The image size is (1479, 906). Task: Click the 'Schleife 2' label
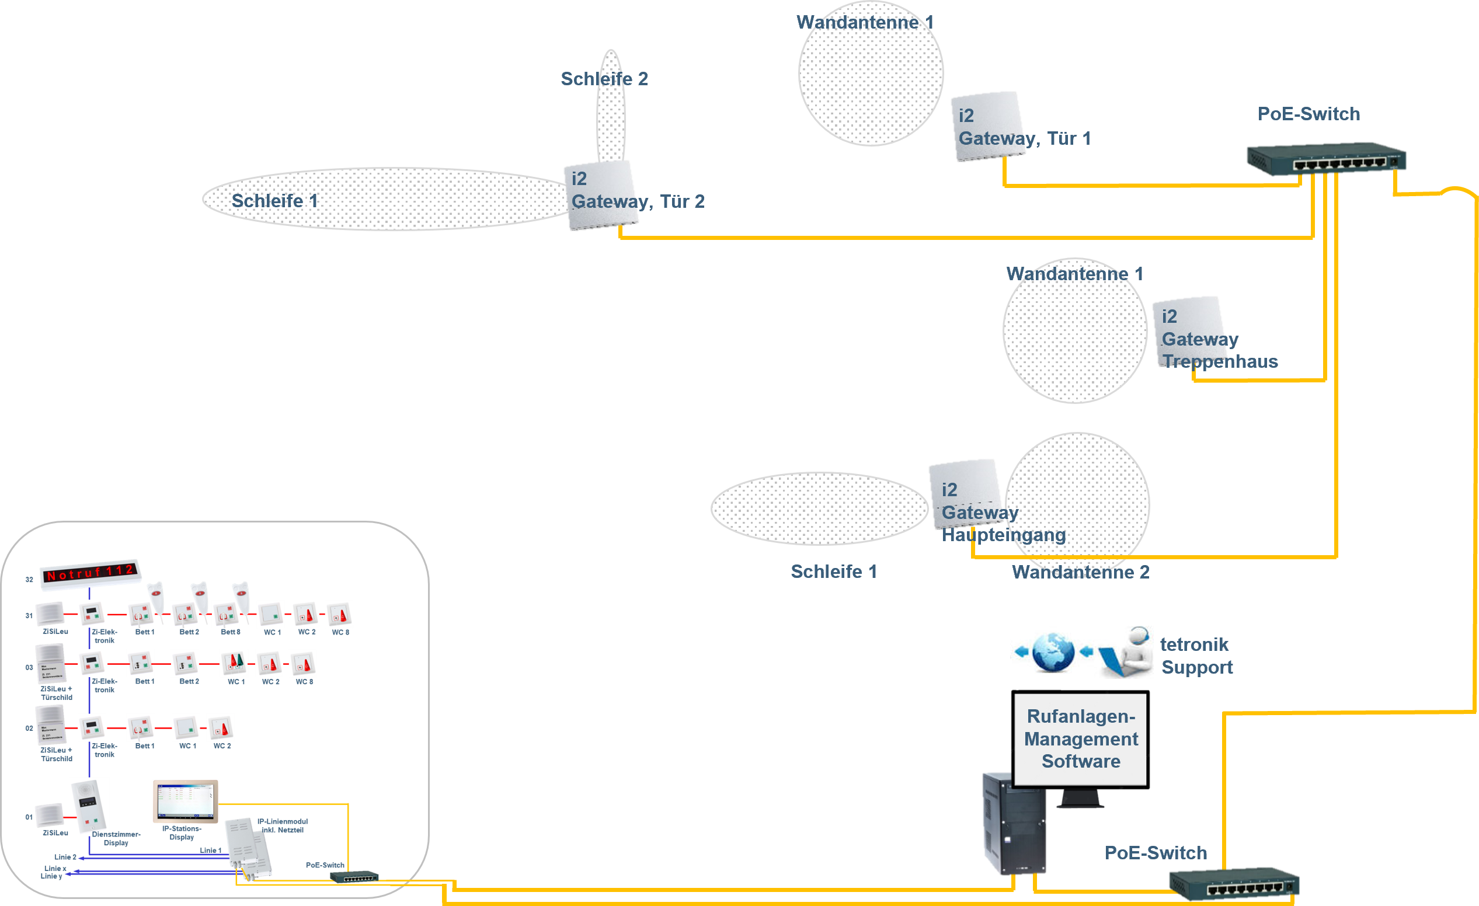(604, 79)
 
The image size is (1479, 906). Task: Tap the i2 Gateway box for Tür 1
(987, 126)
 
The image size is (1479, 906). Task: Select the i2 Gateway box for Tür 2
(601, 194)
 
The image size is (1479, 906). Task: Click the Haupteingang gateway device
(965, 494)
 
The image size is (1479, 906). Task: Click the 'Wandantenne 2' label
(1080, 572)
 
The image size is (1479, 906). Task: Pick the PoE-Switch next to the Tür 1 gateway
(1327, 159)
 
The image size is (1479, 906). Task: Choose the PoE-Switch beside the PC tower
(1234, 884)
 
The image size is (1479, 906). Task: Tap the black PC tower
(1014, 823)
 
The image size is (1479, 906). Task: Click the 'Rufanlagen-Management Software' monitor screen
(1080, 738)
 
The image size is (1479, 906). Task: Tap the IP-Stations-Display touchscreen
(186, 802)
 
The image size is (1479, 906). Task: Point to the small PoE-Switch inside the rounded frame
(354, 877)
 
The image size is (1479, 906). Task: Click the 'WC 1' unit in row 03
(234, 663)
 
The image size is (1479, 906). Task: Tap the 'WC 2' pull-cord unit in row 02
(220, 728)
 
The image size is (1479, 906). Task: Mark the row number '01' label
(29, 817)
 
